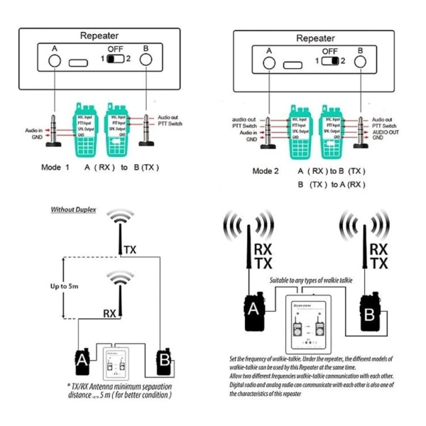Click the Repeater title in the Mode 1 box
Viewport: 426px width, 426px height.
99,35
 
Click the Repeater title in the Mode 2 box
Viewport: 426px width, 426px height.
315,38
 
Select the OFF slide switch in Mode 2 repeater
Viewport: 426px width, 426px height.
329,61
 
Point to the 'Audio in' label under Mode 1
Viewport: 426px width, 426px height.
33,130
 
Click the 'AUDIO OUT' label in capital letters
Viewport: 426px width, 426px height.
386,131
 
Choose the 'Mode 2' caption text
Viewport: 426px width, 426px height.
266,171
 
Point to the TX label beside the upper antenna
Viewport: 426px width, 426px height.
130,249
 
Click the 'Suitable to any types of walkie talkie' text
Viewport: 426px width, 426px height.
310,280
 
